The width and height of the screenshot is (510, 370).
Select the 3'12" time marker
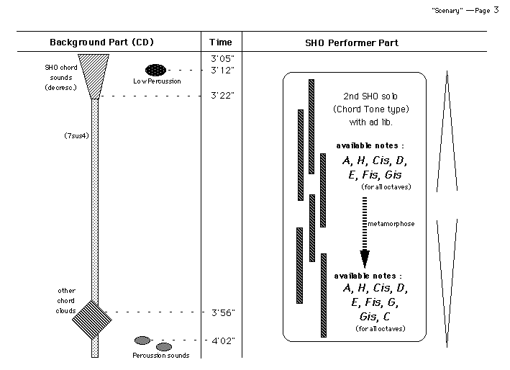pos(223,70)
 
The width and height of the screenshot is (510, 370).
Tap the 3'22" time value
pos(223,95)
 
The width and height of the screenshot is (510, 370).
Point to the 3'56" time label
pos(223,312)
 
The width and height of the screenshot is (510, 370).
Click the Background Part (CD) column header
pos(101,42)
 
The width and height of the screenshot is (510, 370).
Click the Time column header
pos(220,42)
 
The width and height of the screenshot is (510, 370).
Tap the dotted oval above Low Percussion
pos(155,70)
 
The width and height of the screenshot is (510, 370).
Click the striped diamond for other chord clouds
pos(93,317)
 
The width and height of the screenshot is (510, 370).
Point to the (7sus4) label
pos(76,135)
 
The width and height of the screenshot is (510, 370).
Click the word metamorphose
pos(391,224)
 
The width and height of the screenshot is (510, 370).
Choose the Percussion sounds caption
pos(161,356)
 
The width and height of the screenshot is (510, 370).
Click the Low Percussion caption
pos(157,81)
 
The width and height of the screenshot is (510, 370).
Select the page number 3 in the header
pos(497,9)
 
